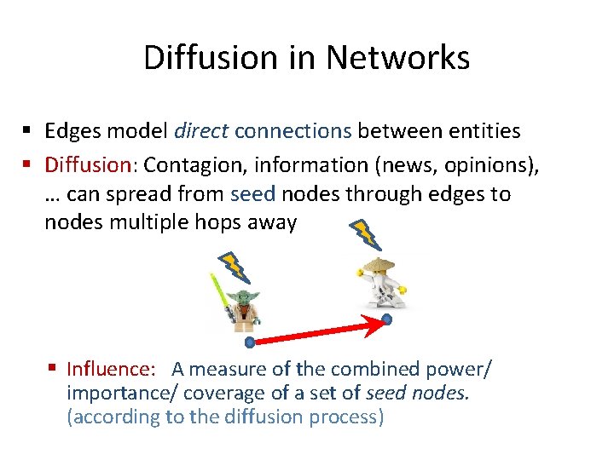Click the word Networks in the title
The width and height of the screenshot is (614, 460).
[397, 58]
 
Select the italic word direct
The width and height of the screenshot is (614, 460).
[200, 130]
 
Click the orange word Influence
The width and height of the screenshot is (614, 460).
[110, 369]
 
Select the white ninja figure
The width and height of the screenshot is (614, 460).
[381, 280]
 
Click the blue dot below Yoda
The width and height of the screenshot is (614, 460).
[250, 342]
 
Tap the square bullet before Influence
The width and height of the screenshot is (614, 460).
[53, 369]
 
